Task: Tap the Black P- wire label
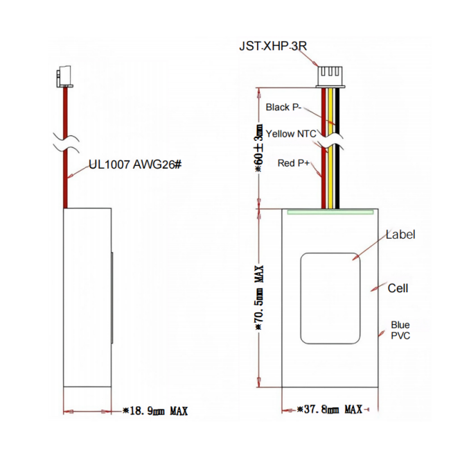coord(284,108)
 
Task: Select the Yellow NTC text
coord(290,134)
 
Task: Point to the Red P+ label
coord(293,163)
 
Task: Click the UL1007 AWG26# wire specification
coord(134,166)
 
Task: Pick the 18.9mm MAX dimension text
coord(154,410)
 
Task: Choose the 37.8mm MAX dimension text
coord(330,410)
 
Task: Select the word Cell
coord(398,288)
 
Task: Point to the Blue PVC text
coord(400,330)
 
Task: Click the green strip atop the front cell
coord(329,212)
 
